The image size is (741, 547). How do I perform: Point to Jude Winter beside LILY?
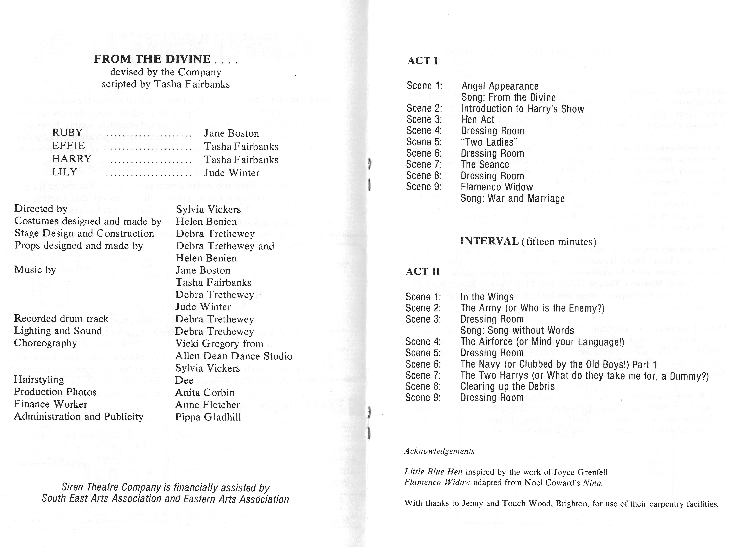pos(232,173)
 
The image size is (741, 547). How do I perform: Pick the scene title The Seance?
pos(485,165)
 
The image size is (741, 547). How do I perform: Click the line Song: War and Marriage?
pos(513,198)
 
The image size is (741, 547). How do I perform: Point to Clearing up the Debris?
pos(507,386)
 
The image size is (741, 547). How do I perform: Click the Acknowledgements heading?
pos(439,451)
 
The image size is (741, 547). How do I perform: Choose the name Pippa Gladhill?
pos(208,417)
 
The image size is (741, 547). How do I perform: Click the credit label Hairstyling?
pos(39,380)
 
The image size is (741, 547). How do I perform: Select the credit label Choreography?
pos(45,343)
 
